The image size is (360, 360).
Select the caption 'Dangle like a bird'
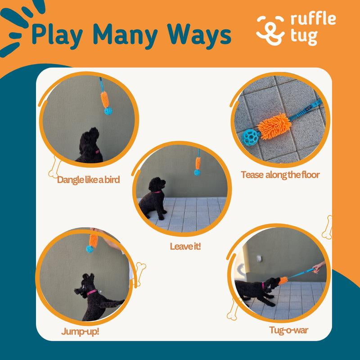[89, 180]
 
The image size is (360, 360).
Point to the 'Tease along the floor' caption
[280, 174]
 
